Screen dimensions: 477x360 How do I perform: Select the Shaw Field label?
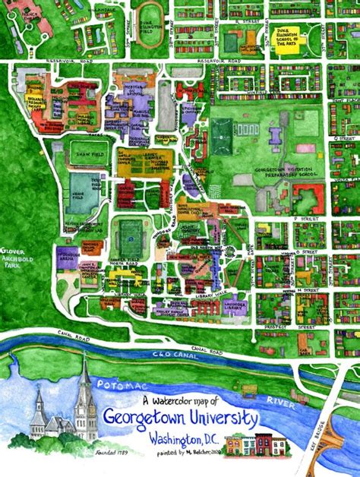pyautogui.click(x=82, y=153)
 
